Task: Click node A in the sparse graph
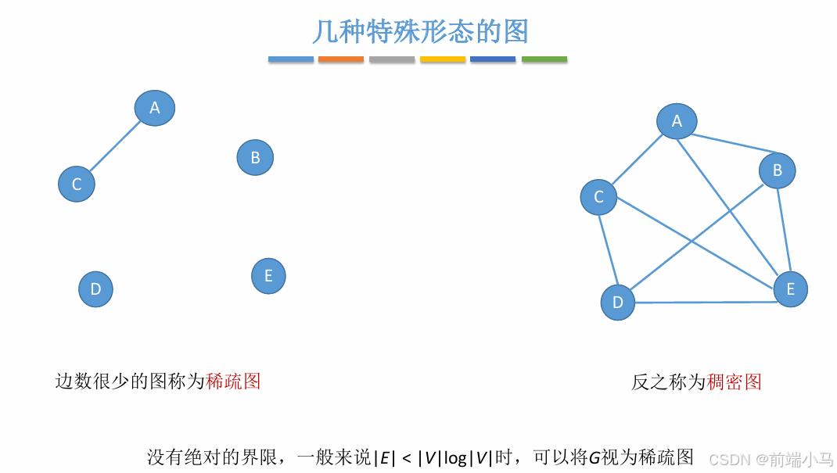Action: (155, 108)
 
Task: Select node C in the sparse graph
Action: (77, 184)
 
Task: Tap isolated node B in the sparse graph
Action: (255, 158)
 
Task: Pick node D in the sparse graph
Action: (95, 289)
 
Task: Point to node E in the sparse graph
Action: (268, 276)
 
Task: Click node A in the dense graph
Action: (677, 121)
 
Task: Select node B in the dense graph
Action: (777, 170)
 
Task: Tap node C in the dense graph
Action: (598, 197)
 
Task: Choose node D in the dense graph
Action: (618, 303)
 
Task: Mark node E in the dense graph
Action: (790, 289)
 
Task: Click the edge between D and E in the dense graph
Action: (704, 302)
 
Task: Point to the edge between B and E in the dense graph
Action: (784, 231)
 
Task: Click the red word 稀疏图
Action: (233, 382)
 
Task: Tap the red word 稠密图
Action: (735, 382)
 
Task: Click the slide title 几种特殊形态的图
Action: (421, 31)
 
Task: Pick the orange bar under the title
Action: (341, 59)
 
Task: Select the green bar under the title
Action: (544, 59)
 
